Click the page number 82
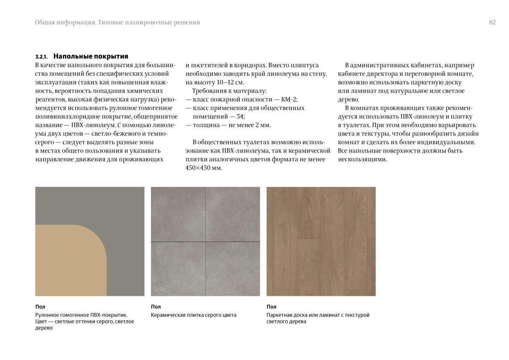492,23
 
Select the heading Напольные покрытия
91,56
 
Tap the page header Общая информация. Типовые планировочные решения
118,23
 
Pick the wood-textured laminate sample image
321,241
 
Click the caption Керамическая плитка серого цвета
194,315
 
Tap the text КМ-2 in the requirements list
289,100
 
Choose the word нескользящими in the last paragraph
362,159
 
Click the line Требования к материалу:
229,91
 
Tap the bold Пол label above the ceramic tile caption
156,307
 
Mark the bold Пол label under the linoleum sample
40,307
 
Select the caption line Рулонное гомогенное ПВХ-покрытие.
82,315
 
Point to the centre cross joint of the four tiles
205,242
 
